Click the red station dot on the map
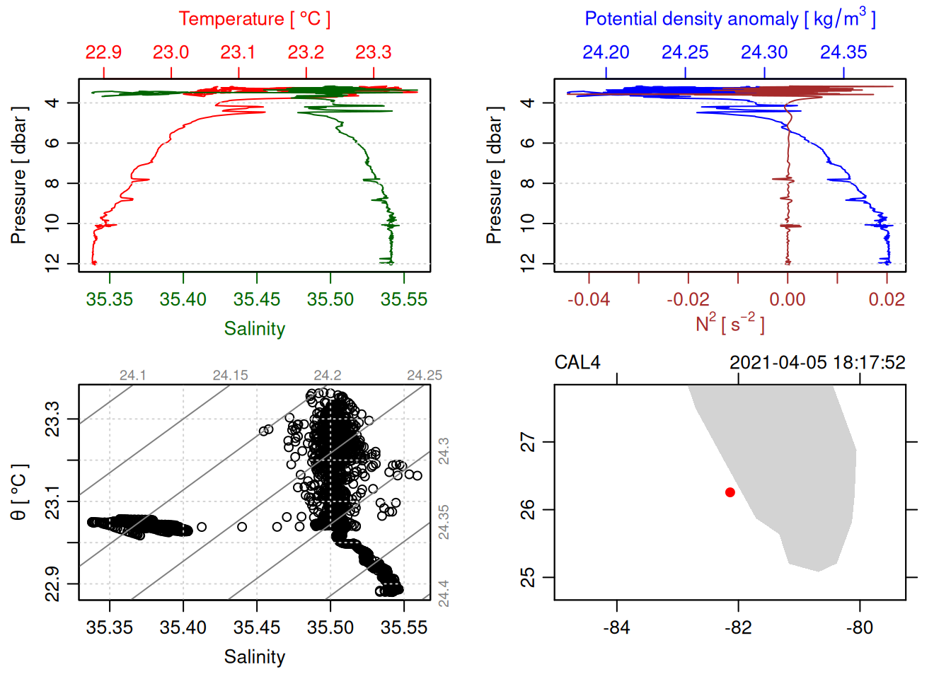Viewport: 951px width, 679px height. click(x=730, y=492)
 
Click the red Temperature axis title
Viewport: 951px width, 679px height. click(x=254, y=19)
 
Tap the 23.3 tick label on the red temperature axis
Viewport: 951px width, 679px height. click(x=373, y=52)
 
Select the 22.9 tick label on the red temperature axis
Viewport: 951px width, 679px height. click(x=103, y=52)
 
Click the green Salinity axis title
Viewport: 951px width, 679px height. click(x=254, y=329)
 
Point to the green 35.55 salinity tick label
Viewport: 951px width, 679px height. click(x=403, y=299)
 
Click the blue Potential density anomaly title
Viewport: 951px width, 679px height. click(x=730, y=19)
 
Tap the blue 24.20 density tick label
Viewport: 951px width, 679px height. click(x=606, y=52)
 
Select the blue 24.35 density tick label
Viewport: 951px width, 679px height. click(x=843, y=52)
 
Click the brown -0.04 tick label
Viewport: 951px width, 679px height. click(x=588, y=299)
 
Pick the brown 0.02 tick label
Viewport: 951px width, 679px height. click(x=887, y=299)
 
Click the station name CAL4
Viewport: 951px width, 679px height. click(x=577, y=363)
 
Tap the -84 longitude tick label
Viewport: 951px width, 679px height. click(x=616, y=627)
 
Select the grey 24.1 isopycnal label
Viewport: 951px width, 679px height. click(x=132, y=376)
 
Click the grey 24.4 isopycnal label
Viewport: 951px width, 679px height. click(x=444, y=593)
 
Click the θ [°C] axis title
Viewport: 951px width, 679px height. click(x=19, y=492)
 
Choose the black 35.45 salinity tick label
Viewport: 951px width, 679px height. click(x=257, y=627)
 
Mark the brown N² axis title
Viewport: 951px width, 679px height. click(x=730, y=324)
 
